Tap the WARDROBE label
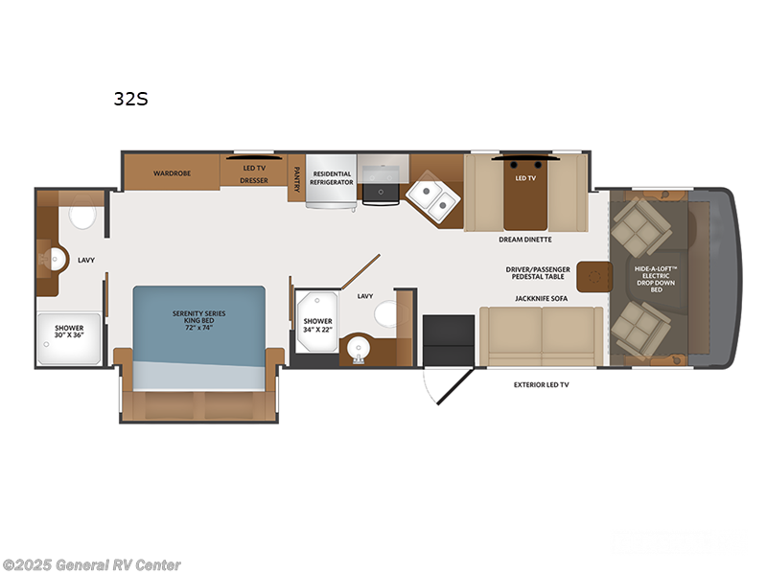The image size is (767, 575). tap(174, 173)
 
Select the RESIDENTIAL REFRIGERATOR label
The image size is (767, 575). tap(331, 177)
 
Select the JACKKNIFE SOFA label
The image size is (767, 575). tap(541, 298)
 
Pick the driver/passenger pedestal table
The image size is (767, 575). tap(593, 276)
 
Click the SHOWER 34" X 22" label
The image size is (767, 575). tap(317, 326)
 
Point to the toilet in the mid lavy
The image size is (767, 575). tap(383, 313)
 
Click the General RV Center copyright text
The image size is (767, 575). tap(93, 564)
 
